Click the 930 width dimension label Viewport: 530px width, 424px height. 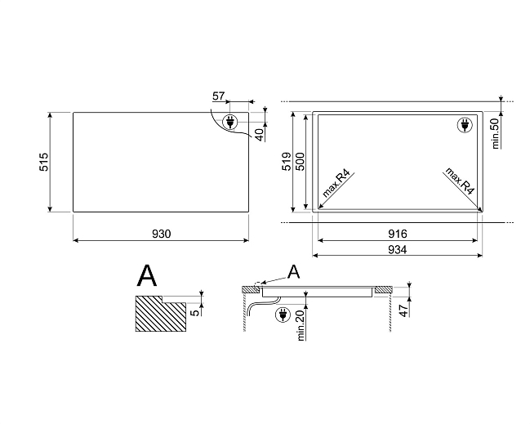pos(161,234)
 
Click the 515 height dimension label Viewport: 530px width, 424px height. pos(44,162)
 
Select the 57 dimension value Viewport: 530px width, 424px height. pos(218,96)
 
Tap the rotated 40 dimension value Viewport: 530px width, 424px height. pos(259,134)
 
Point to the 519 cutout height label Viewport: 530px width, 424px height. pos(287,161)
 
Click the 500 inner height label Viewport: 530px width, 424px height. pos(300,161)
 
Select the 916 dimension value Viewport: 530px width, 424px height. pos(398,234)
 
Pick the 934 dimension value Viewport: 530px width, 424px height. pos(397,249)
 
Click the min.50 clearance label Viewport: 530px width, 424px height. pos(495,133)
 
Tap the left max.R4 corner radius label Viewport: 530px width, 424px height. pos(336,182)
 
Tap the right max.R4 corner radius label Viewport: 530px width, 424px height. pos(460,181)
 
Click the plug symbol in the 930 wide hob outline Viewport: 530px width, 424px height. pos(229,122)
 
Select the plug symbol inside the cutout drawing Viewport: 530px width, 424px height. pos(465,125)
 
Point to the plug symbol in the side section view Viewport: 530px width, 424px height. pos(283,315)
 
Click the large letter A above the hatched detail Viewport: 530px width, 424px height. pos(147,276)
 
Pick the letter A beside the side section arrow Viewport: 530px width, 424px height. pos(294,272)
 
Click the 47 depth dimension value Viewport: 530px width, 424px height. pos(404,310)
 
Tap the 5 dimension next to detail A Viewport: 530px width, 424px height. pos(195,313)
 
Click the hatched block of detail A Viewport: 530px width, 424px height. pos(161,314)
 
